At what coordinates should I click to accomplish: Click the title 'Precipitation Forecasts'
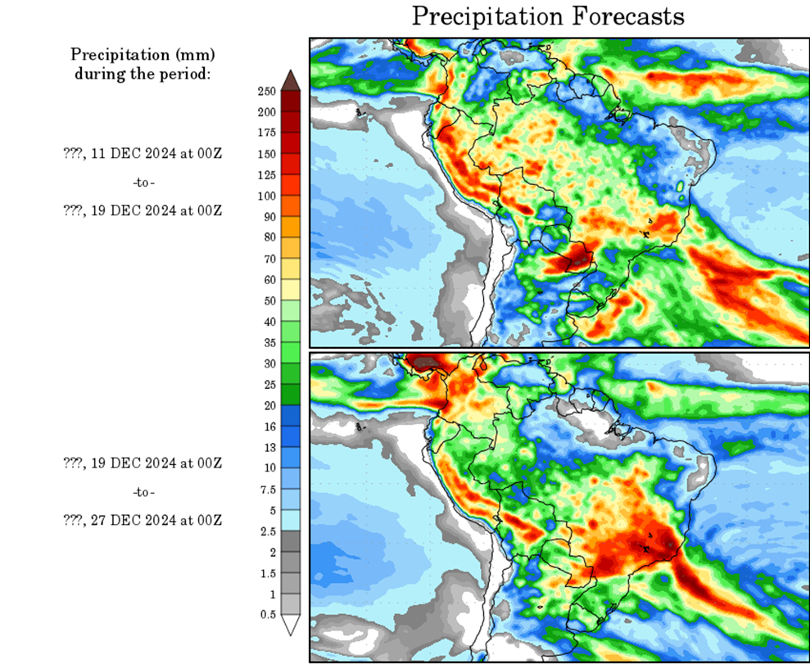click(547, 16)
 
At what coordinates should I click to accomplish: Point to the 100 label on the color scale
click(266, 195)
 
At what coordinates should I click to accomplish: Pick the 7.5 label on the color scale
click(267, 489)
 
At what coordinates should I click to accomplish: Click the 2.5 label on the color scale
click(267, 531)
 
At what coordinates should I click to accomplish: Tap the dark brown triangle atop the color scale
click(290, 79)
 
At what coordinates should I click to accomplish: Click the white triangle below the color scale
click(290, 625)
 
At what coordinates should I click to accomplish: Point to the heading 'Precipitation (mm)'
click(143, 55)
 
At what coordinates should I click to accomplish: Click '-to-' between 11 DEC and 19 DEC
click(143, 181)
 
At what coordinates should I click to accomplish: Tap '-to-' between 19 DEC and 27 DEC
click(143, 492)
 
